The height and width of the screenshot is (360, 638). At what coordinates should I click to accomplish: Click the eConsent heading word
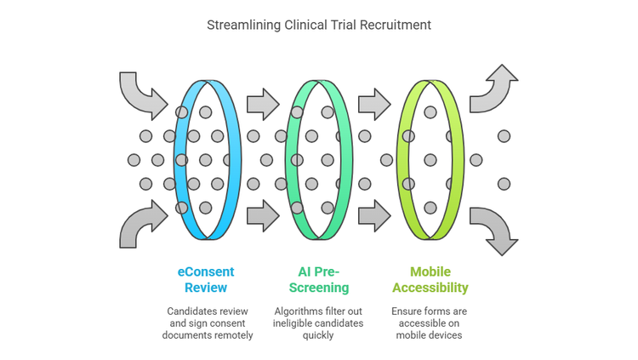[206, 272]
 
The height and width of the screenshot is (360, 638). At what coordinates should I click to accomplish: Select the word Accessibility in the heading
[430, 288]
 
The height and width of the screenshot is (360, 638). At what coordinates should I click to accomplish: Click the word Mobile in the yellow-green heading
[430, 272]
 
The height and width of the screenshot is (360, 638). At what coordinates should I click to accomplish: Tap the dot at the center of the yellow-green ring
[430, 159]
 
